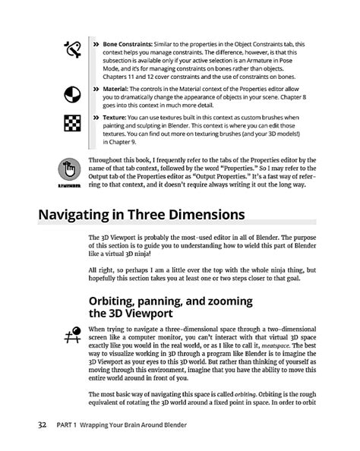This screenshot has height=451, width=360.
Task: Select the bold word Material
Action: [x=116, y=90]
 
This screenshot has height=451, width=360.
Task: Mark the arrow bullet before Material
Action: [x=96, y=90]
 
